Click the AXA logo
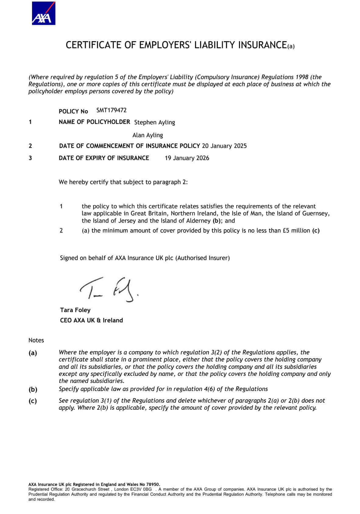44,14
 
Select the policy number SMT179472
111,110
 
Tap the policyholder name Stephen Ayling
154,122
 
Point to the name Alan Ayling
147,135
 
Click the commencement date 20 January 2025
224,146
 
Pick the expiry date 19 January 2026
187,158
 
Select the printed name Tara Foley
75,310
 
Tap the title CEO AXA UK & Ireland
91,320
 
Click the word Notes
36,340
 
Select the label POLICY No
73,111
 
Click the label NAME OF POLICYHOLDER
94,122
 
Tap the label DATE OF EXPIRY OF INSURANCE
104,158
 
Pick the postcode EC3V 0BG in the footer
141,489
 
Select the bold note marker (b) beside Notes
33,389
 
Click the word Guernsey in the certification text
316,213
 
